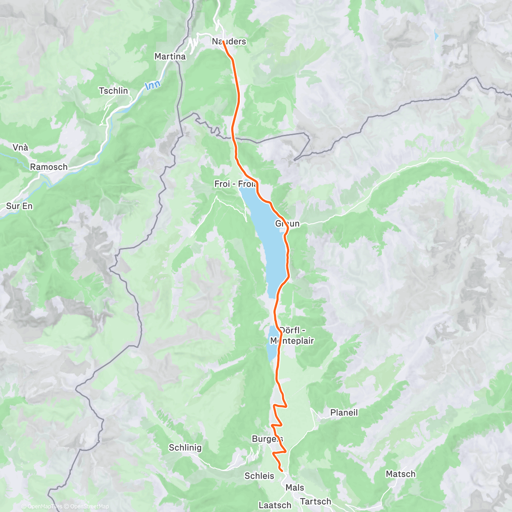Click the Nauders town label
click(x=229, y=41)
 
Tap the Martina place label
click(x=170, y=56)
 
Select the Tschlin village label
click(x=113, y=90)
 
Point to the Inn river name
click(x=152, y=85)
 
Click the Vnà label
click(x=20, y=147)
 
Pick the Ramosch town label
click(x=49, y=167)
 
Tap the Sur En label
click(x=19, y=206)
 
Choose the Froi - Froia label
click(x=235, y=184)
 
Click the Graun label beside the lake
click(x=288, y=223)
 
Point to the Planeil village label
click(x=344, y=413)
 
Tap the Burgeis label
click(x=267, y=439)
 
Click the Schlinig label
click(x=185, y=448)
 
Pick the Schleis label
click(x=259, y=476)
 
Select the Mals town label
click(x=295, y=487)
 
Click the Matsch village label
click(x=400, y=474)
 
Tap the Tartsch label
click(x=315, y=501)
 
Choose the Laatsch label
click(x=275, y=505)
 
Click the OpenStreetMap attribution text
click(x=90, y=506)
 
